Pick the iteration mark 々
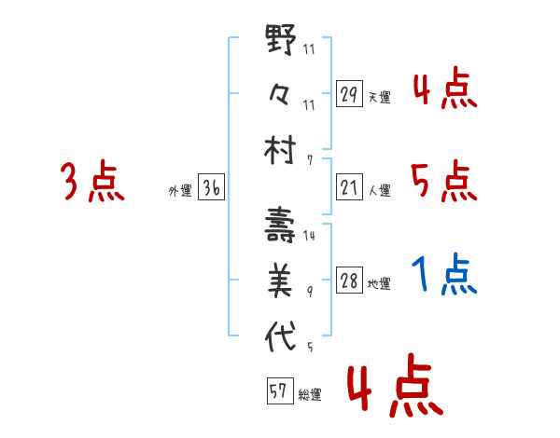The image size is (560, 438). click(283, 95)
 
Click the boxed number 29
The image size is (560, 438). click(349, 94)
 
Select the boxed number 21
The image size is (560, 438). click(349, 187)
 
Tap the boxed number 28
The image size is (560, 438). click(349, 281)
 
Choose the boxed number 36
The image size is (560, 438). click(211, 188)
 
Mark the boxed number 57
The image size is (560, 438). click(278, 392)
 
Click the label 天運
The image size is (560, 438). click(379, 97)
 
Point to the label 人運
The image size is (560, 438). click(379, 190)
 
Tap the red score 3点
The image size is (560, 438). click(92, 182)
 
